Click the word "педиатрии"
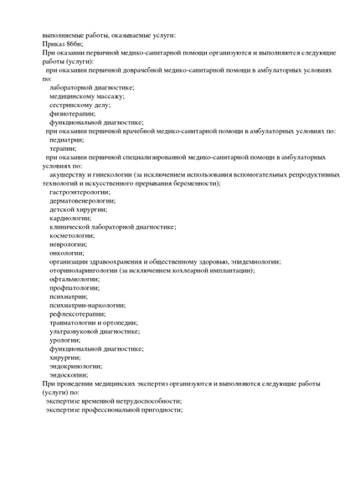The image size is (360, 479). pyautogui.click(x=71, y=140)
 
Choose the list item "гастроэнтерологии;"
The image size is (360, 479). pyautogui.click(x=84, y=192)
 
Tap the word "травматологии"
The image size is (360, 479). pyautogui.click(x=80, y=322)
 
